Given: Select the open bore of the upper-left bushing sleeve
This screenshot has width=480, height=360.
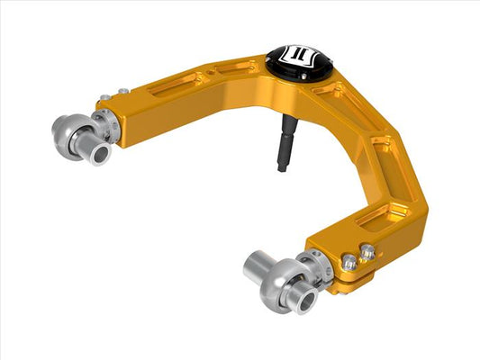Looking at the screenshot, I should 100,154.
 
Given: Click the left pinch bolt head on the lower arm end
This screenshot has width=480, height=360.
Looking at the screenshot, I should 349,263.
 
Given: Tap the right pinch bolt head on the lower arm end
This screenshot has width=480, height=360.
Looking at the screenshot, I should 367,255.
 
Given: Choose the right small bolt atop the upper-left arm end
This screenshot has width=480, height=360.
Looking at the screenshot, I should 122,91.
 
